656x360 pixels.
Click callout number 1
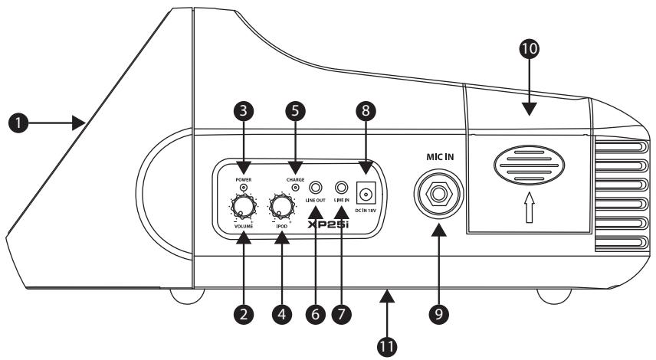pyautogui.click(x=15, y=122)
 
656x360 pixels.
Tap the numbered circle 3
pyautogui.click(x=244, y=111)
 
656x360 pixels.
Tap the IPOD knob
pyautogui.click(x=283, y=206)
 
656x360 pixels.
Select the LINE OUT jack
pyautogui.click(x=315, y=186)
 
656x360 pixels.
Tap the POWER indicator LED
pyautogui.click(x=244, y=186)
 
